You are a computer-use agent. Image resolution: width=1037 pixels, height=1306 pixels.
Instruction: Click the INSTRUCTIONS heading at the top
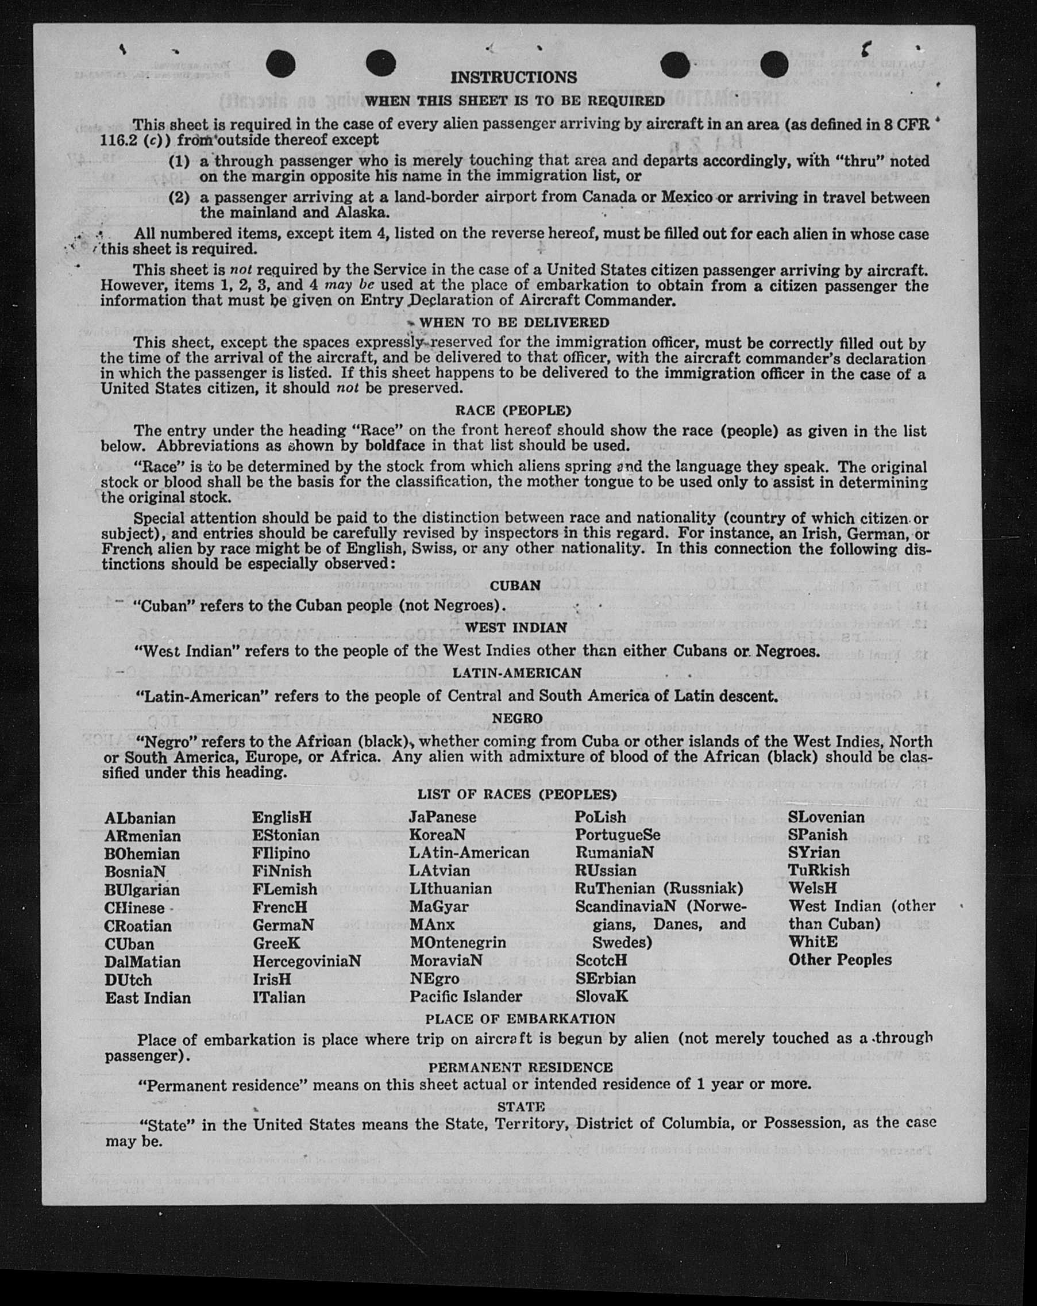514,78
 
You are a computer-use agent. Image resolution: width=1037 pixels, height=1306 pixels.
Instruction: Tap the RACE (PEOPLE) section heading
514,410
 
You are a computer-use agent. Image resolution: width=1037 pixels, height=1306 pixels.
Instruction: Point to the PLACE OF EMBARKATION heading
520,1019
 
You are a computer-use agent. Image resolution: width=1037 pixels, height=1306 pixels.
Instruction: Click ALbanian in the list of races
140,819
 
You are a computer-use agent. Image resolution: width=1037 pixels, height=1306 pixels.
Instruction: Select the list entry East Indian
148,998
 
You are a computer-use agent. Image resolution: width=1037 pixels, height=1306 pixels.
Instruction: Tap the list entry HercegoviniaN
306,961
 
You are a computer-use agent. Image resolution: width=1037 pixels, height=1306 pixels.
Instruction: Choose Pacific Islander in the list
465,997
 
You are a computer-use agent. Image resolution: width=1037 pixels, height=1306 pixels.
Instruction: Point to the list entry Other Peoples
839,959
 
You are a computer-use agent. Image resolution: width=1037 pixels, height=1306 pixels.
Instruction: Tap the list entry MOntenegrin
458,943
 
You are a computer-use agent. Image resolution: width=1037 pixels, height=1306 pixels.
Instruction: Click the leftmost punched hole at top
280,64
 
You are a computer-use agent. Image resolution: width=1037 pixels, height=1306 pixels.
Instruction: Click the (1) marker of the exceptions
179,162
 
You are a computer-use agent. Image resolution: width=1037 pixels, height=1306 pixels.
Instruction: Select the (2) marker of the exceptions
179,198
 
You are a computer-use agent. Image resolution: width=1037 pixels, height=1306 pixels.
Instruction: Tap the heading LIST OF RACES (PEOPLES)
517,794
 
